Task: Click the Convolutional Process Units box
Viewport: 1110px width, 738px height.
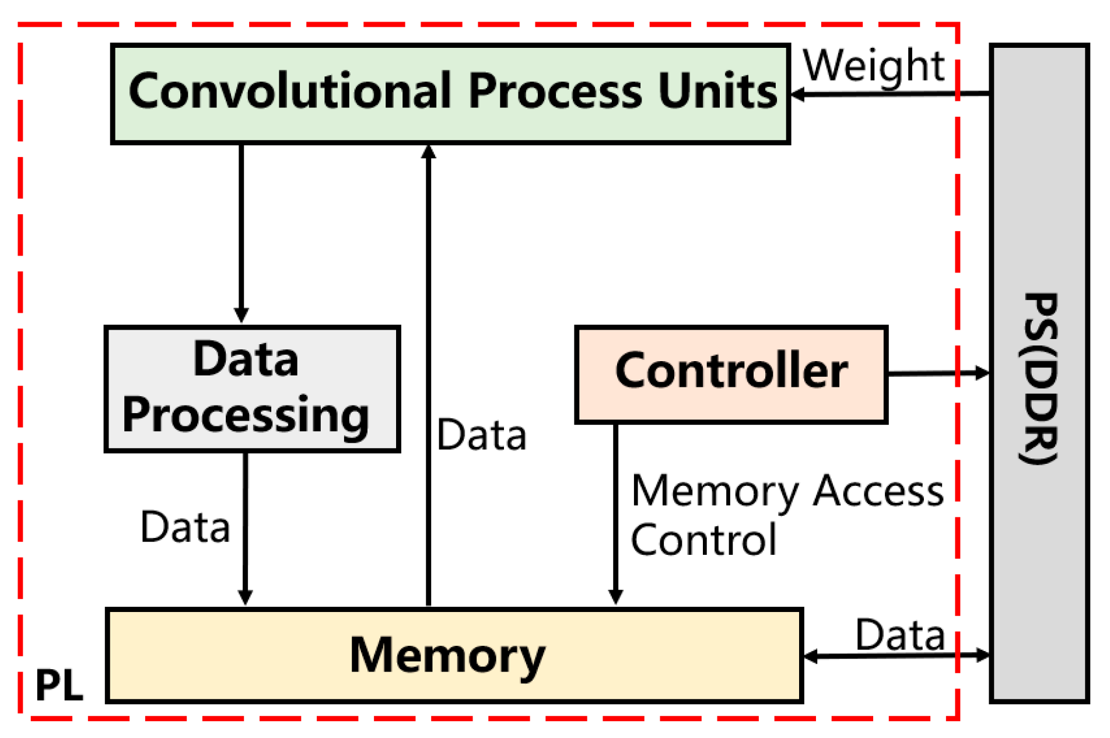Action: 450,93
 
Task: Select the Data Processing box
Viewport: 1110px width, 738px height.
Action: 252,389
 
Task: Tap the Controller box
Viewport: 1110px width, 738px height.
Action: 731,373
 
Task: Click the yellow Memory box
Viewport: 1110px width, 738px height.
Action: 454,655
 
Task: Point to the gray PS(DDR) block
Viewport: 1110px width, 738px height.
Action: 1039,373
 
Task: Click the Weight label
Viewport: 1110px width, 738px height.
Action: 873,66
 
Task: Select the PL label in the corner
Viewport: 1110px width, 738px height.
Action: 59,685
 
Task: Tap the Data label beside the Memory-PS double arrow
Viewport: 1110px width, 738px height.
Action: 899,635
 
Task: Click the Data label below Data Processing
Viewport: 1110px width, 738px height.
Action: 185,527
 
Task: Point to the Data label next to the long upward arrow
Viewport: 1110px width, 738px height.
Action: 481,435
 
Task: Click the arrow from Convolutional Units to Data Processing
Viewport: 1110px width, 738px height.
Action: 241,233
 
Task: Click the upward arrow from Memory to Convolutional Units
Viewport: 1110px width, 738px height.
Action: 428,373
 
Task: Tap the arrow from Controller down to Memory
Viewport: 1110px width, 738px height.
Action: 615,513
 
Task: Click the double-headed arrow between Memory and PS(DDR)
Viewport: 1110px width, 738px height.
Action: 897,656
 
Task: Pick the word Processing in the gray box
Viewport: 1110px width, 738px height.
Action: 246,415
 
